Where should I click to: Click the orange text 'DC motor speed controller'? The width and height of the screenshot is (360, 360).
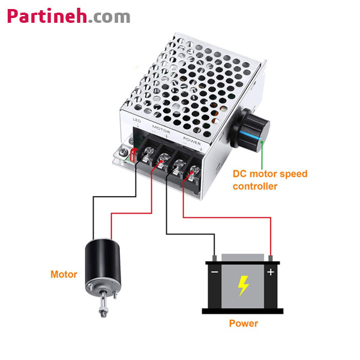tap(269, 180)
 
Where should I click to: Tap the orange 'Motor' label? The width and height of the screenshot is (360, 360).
tap(64, 274)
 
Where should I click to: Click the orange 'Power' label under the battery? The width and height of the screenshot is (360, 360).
tap(244, 323)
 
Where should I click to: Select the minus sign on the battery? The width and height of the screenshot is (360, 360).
tap(214, 272)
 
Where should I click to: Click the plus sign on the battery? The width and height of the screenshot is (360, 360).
tap(271, 272)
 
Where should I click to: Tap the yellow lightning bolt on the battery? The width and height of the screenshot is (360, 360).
tap(243, 286)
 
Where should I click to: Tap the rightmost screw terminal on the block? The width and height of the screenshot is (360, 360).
tap(193, 175)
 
